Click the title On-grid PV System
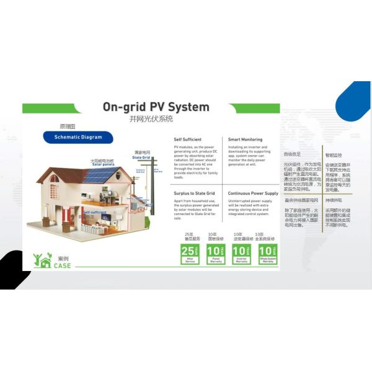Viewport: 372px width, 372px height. pos(156,107)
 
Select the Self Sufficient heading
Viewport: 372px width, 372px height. pos(187,140)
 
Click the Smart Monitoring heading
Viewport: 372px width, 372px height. pos(245,140)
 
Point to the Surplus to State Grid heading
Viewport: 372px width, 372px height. pos(194,193)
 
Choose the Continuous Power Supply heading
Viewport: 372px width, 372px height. pos(253,193)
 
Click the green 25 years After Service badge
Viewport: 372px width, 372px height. pos(189,254)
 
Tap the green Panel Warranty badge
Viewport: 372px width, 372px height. pos(215,254)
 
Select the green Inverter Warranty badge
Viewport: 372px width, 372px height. pos(241,254)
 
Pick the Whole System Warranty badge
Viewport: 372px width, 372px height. pos(268,254)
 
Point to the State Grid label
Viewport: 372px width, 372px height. pos(141,157)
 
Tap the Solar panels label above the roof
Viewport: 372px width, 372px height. pos(102,163)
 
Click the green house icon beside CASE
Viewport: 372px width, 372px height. pos(43,261)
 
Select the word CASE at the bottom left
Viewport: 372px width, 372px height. pos(62,266)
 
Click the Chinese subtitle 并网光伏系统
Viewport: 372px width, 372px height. pos(147,119)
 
